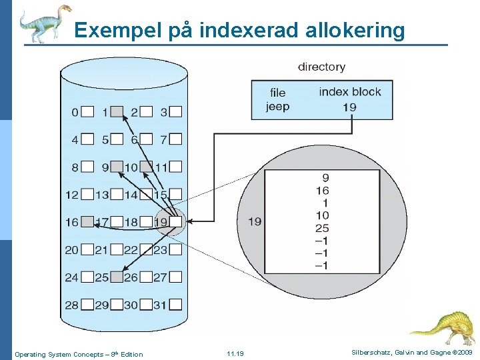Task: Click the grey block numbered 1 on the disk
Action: point(117,112)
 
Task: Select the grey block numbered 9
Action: point(117,167)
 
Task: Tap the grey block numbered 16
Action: point(87,222)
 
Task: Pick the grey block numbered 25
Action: point(117,277)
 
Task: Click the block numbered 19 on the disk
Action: point(175,222)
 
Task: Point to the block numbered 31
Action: point(175,305)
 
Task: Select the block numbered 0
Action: point(87,112)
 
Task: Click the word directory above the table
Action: point(321,67)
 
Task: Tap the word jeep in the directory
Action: point(277,107)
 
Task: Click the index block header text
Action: point(350,92)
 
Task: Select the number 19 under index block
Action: point(349,107)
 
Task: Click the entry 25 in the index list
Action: point(322,229)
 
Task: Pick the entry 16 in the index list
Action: point(322,191)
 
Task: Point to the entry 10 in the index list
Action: point(322,216)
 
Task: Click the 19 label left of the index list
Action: point(255,221)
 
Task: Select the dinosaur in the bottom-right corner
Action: point(443,327)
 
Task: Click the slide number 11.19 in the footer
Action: point(235,354)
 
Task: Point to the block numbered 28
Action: point(87,305)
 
